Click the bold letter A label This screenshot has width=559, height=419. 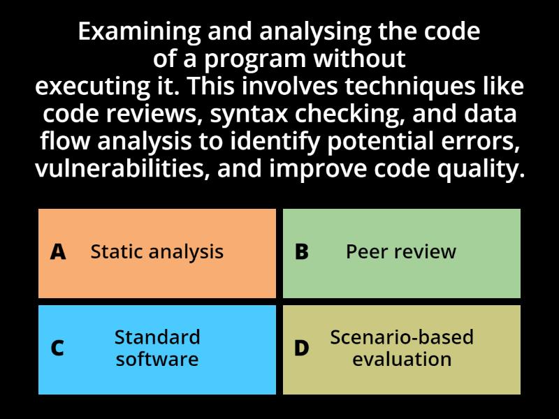(x=59, y=252)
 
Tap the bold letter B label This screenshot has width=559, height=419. (x=302, y=252)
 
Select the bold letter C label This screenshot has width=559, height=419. (x=58, y=348)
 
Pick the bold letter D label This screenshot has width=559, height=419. (x=302, y=348)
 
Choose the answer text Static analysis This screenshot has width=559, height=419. (x=157, y=251)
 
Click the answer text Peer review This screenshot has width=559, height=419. (x=401, y=251)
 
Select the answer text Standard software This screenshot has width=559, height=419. (x=157, y=348)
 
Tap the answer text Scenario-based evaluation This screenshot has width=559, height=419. (x=402, y=348)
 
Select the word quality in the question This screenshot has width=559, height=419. (x=484, y=169)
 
